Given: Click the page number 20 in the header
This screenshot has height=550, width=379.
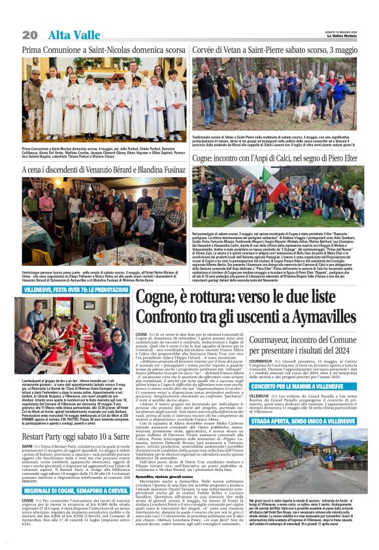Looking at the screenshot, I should click(x=30, y=34).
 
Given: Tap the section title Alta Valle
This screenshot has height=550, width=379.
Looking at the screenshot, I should click(x=68, y=34).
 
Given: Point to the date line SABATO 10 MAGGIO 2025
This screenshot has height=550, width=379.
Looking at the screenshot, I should click(x=342, y=31).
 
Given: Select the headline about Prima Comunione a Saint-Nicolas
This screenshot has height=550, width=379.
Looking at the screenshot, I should click(x=104, y=50).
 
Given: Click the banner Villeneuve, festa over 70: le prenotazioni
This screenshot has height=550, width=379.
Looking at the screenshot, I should click(x=76, y=289).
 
